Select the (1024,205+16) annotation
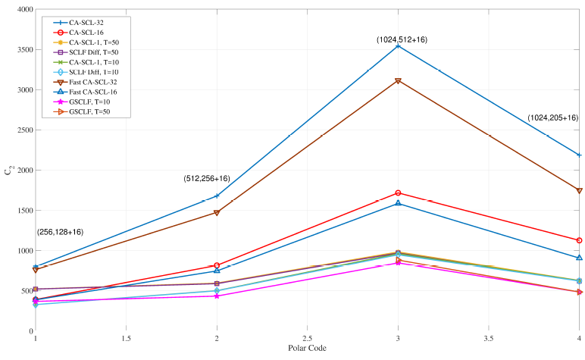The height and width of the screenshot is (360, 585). (552, 118)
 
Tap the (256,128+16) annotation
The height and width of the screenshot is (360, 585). (60, 232)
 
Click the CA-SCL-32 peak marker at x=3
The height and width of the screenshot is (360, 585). (399, 46)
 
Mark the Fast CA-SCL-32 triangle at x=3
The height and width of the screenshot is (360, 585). (399, 81)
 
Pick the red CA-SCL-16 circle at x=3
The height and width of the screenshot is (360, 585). (399, 193)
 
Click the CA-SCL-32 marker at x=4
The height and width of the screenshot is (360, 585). (580, 155)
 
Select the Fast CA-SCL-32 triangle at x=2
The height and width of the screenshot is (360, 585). (217, 213)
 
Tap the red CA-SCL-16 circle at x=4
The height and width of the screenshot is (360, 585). (580, 240)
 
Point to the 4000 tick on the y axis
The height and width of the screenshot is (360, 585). (21, 10)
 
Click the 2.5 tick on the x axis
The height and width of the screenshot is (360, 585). (308, 340)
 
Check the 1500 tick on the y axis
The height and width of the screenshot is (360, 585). (21, 211)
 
